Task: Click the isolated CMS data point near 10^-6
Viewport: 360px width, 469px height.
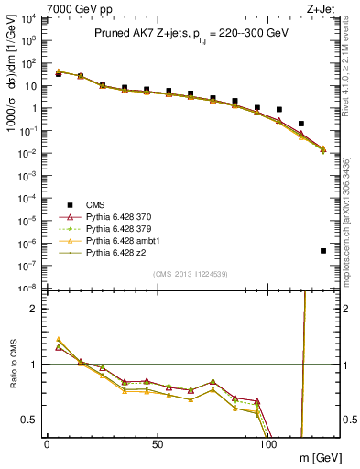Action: pos(323,250)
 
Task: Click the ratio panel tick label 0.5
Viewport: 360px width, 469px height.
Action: pos(29,420)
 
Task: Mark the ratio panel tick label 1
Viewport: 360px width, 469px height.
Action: pos(33,365)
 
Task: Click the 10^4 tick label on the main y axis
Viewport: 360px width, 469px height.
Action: pos(27,19)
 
